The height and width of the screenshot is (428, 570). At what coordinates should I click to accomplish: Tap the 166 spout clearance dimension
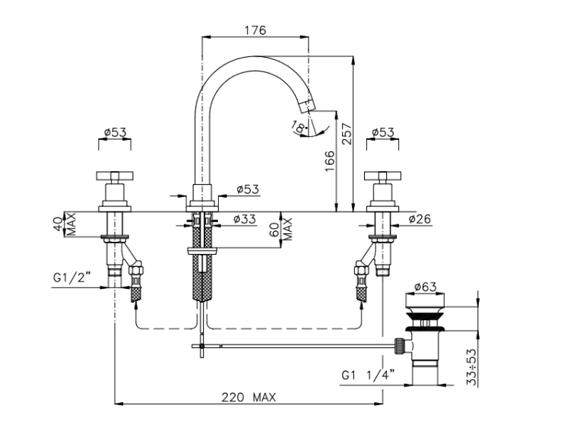[x=329, y=162]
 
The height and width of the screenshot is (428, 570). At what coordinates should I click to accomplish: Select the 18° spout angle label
[x=302, y=128]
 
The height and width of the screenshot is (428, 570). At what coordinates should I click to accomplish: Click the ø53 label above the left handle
[x=114, y=132]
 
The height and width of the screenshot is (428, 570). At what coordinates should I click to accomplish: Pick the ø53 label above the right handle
[x=382, y=132]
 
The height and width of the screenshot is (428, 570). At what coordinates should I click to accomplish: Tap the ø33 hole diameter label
[x=243, y=220]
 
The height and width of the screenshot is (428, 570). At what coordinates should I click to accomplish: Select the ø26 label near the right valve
[x=420, y=220]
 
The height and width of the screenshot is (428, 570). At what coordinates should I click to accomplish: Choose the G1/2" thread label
[x=73, y=279]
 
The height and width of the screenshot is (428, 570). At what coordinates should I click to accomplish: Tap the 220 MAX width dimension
[x=249, y=397]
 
